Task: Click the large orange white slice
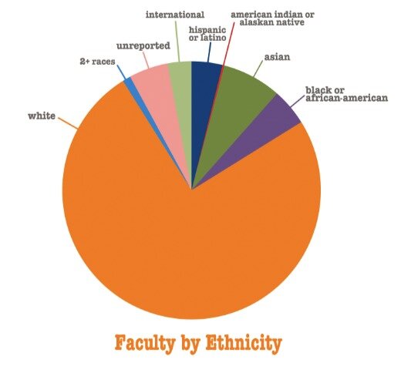pos(185,247)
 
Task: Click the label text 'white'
pos(42,116)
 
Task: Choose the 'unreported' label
pos(143,46)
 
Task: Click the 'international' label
pos(175,14)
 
